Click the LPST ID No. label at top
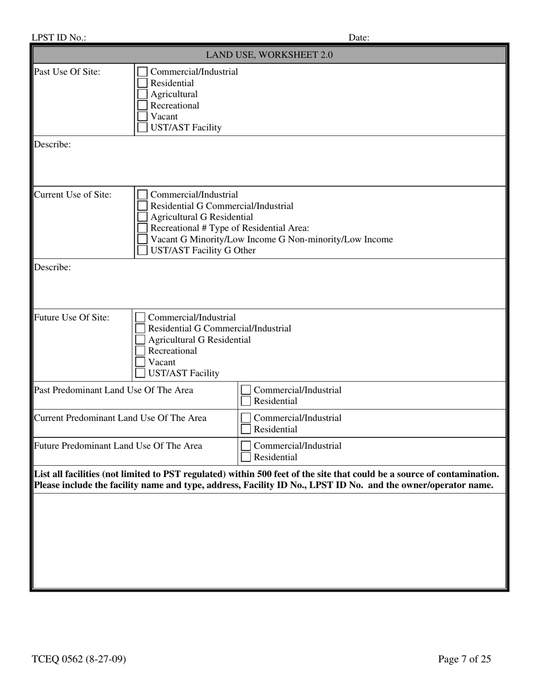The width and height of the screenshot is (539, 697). pyautogui.click(x=59, y=38)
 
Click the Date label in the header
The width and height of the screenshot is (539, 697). pyautogui.click(x=359, y=38)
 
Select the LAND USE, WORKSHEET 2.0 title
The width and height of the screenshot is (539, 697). pyautogui.click(x=269, y=55)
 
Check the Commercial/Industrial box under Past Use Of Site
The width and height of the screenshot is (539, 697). pyautogui.click(x=143, y=72)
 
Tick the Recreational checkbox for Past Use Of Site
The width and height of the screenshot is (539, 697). pyautogui.click(x=143, y=105)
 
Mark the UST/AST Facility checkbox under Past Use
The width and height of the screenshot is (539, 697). pyautogui.click(x=143, y=127)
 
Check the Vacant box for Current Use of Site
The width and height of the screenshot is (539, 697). pyautogui.click(x=143, y=240)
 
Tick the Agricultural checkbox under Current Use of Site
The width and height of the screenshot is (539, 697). pyautogui.click(x=143, y=217)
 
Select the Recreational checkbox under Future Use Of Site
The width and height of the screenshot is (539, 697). pyautogui.click(x=140, y=351)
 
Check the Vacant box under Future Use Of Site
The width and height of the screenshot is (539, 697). pyautogui.click(x=140, y=362)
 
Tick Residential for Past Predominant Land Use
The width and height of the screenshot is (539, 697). pyautogui.click(x=246, y=401)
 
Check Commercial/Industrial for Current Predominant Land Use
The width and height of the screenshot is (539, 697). pyautogui.click(x=246, y=418)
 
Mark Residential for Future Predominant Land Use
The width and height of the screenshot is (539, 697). pyautogui.click(x=246, y=457)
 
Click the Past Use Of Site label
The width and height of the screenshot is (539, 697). pyautogui.click(x=68, y=72)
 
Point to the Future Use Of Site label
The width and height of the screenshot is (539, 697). pyautogui.click(x=71, y=318)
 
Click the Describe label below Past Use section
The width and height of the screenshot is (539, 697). pyautogui.click(x=53, y=144)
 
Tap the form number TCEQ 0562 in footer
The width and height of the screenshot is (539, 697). pyautogui.click(x=79, y=659)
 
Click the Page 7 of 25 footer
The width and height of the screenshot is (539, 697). pyautogui.click(x=464, y=659)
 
